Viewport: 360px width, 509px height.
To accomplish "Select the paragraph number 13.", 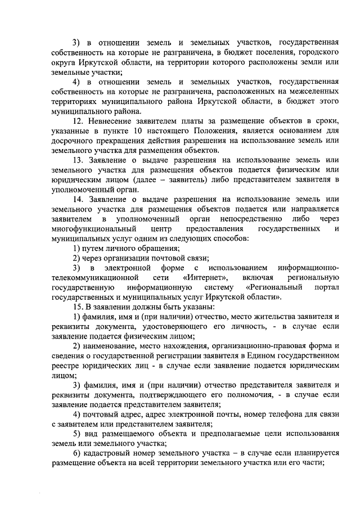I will click(79, 160).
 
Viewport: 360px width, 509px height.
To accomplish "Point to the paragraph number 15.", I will click(79, 307).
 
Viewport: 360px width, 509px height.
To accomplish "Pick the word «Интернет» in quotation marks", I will click(205, 277).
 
